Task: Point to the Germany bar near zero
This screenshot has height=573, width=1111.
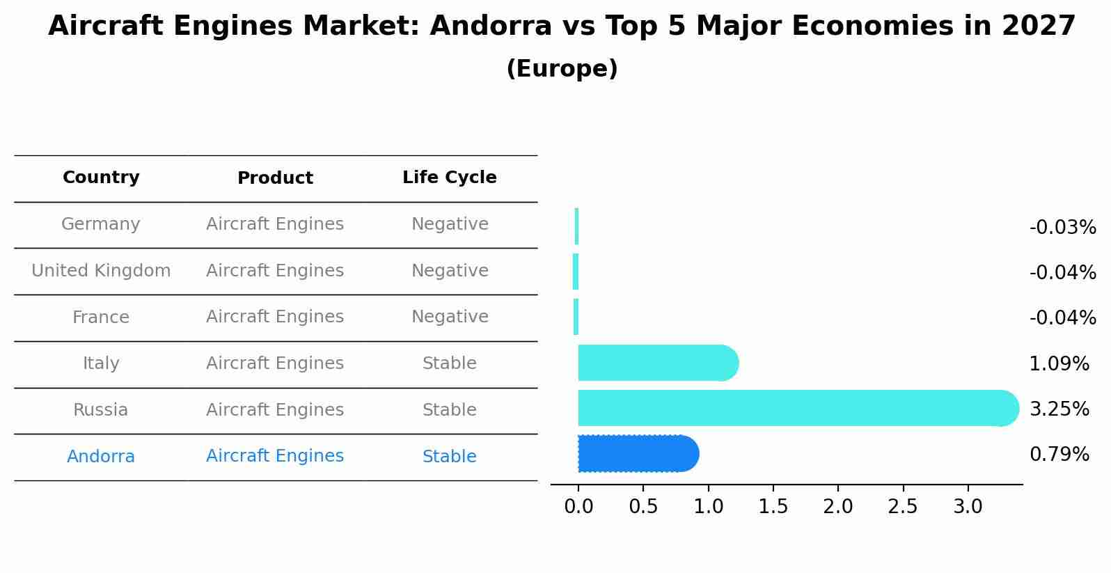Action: [x=577, y=226]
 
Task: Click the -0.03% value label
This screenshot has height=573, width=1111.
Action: [x=1062, y=228]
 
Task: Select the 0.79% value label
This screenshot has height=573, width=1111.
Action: [x=1059, y=455]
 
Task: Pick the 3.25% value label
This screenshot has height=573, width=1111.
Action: [x=1059, y=409]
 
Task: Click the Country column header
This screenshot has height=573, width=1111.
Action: [x=101, y=178]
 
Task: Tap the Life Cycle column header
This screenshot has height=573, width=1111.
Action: [x=449, y=178]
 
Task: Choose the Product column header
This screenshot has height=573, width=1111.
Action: [x=275, y=178]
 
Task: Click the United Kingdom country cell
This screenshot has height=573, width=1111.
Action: [x=101, y=271]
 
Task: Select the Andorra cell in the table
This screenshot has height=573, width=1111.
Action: [x=101, y=457]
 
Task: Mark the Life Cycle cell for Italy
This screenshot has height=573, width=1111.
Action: [x=449, y=363]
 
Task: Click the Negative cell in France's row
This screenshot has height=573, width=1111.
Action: [x=449, y=317]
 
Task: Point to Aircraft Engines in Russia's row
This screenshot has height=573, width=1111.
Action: [x=275, y=410]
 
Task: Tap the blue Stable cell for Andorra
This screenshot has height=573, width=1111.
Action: [x=449, y=457]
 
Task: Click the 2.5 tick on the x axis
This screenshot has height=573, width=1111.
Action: [x=902, y=507]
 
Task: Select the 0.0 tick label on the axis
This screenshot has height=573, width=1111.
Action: [x=578, y=507]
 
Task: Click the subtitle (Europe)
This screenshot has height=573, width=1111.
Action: [x=562, y=69]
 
